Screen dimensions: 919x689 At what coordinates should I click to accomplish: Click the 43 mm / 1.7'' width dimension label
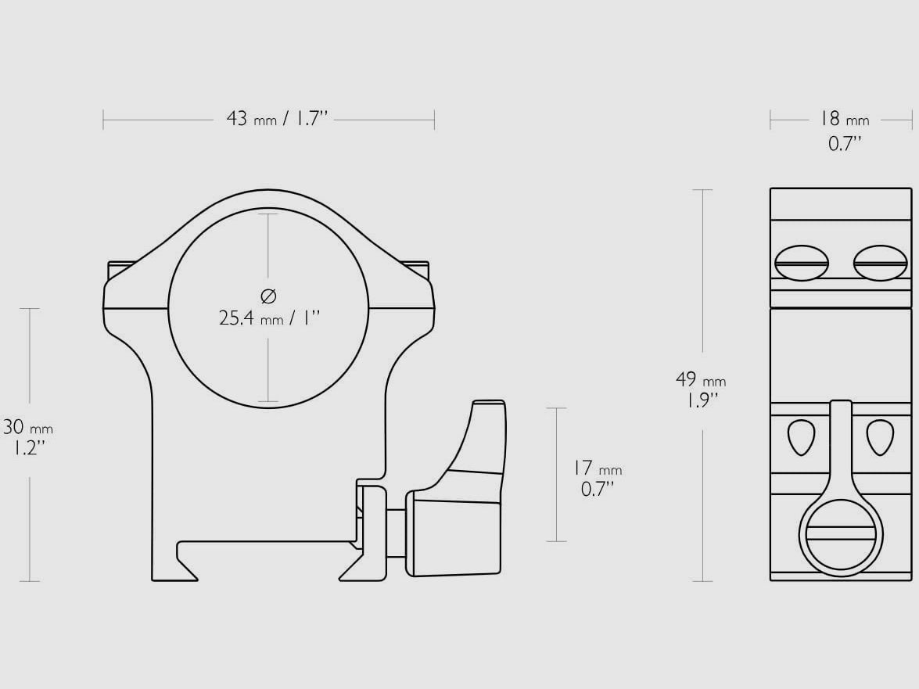[x=276, y=120]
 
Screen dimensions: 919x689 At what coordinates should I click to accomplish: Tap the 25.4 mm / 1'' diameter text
[x=270, y=318]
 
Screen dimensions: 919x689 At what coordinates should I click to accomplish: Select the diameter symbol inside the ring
[x=267, y=296]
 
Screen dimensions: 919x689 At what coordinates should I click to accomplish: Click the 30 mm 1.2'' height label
[x=27, y=437]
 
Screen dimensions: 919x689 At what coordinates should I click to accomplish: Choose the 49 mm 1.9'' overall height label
[x=700, y=390]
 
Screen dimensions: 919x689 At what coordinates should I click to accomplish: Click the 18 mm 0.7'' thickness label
[x=844, y=131]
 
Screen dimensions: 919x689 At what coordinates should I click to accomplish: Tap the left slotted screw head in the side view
[x=801, y=263]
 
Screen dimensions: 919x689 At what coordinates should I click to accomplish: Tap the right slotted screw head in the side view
[x=881, y=263]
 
